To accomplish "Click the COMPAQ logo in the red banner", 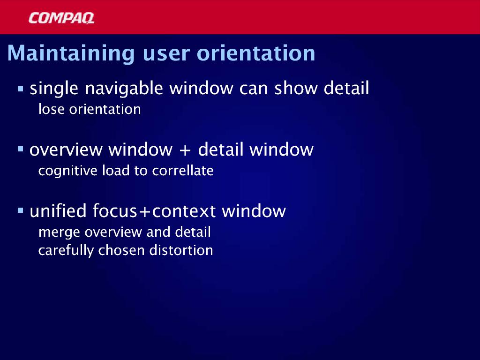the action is tap(61, 18).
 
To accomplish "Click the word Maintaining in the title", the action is tap(71, 53).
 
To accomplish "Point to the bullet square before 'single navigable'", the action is tap(21, 89).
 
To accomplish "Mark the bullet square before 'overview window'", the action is tap(21, 150).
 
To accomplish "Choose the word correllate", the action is tap(183, 171).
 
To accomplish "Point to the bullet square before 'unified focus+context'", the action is tap(21, 210).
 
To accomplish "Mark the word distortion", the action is tap(181, 250).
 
